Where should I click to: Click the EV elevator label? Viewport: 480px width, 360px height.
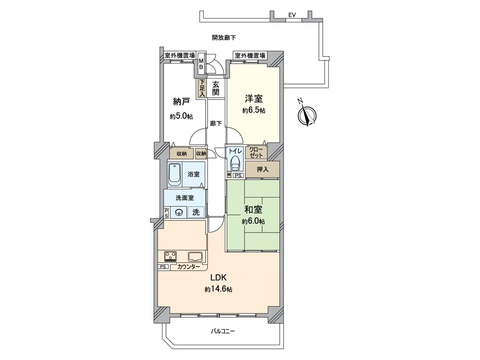pyautogui.click(x=292, y=15)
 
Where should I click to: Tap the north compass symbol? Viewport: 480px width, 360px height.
pyautogui.click(x=307, y=114)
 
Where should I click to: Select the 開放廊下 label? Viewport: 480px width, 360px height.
pyautogui.click(x=224, y=38)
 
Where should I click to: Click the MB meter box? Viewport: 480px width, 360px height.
pyautogui.click(x=201, y=64)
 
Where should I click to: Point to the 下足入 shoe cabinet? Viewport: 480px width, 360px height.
pyautogui.click(x=202, y=88)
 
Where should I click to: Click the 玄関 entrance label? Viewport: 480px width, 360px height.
pyautogui.click(x=216, y=88)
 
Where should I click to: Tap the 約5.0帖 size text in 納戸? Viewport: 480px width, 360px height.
pyautogui.click(x=181, y=116)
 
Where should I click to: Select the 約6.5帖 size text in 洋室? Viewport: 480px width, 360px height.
pyautogui.click(x=254, y=110)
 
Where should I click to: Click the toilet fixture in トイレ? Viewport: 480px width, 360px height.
pyautogui.click(x=235, y=163)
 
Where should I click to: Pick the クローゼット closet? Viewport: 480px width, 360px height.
pyautogui.click(x=256, y=152)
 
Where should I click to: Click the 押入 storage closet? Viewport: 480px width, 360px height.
pyautogui.click(x=262, y=169)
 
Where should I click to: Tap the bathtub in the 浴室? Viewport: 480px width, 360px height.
pyautogui.click(x=175, y=174)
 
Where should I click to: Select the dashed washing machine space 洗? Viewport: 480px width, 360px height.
pyautogui.click(x=196, y=212)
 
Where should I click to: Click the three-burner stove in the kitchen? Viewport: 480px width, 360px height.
pyautogui.click(x=170, y=256)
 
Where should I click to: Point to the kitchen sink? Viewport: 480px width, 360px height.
pyautogui.click(x=196, y=256)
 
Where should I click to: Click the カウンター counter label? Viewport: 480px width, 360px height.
pyautogui.click(x=188, y=267)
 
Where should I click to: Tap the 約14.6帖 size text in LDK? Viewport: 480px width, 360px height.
pyautogui.click(x=218, y=289)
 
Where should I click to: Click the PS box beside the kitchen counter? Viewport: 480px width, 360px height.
pyautogui.click(x=163, y=267)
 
